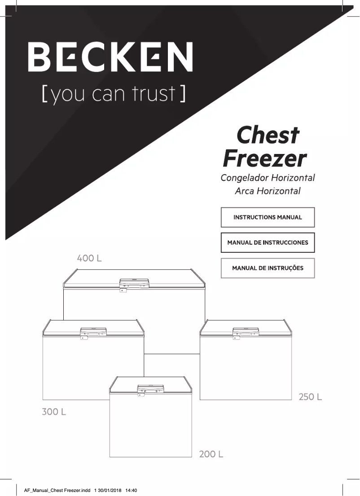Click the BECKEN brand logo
pyautogui.click(x=110, y=57)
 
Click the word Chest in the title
pyautogui.click(x=268, y=134)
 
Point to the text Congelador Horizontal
pyautogui.click(x=268, y=178)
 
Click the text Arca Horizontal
pyautogui.click(x=268, y=191)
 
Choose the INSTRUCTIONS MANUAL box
pyautogui.click(x=268, y=217)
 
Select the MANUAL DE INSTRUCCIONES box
pyautogui.click(x=268, y=243)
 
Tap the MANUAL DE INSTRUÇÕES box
pyautogui.click(x=268, y=268)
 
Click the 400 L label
pyautogui.click(x=89, y=259)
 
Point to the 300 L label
pyautogui.click(x=54, y=412)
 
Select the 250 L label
pyautogui.click(x=310, y=397)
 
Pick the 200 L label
pyautogui.click(x=211, y=454)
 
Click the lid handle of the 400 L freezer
pyautogui.click(x=134, y=283)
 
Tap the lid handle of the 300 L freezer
pyautogui.click(x=93, y=332)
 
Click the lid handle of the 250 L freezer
pyautogui.click(x=246, y=332)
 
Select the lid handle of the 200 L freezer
pyautogui.click(x=150, y=389)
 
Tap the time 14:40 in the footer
pyautogui.click(x=131, y=490)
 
